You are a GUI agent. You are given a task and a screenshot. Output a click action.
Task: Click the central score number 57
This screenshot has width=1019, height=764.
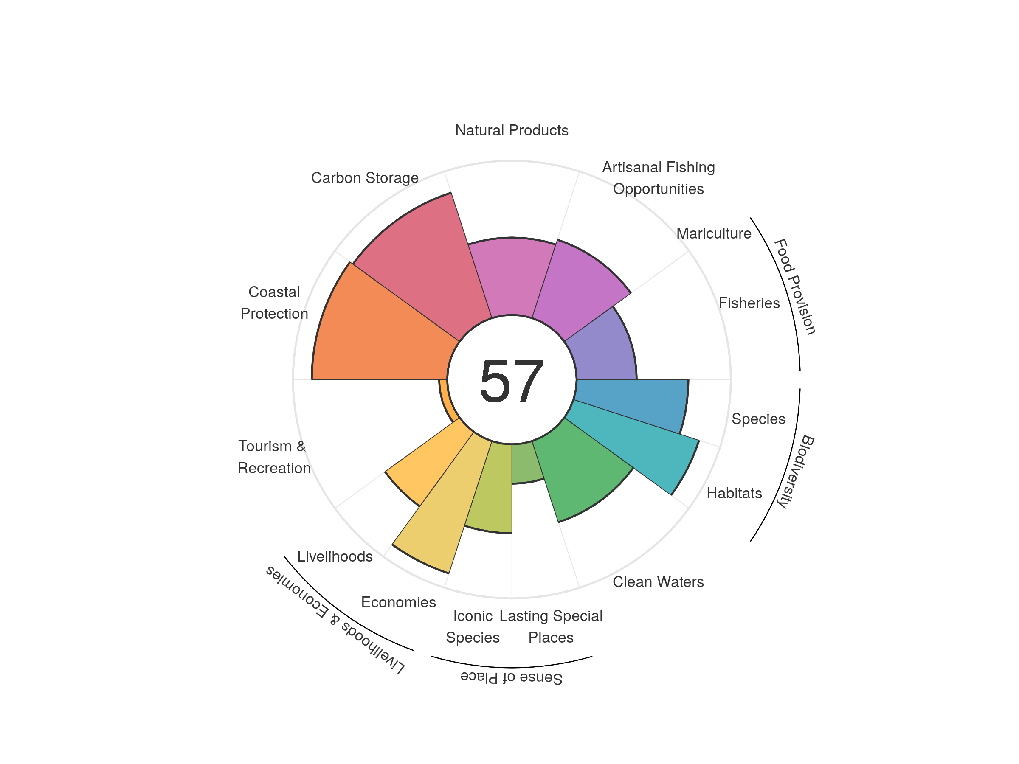[511, 380]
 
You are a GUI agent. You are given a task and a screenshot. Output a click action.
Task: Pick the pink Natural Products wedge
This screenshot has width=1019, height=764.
[511, 276]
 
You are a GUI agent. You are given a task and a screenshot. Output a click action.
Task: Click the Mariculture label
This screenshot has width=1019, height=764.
[714, 233]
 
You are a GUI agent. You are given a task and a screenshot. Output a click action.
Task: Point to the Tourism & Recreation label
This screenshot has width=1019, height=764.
[273, 457]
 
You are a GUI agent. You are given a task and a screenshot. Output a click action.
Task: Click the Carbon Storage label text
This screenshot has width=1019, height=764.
[365, 178]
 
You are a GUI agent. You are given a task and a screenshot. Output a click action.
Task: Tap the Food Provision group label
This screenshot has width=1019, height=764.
[795, 286]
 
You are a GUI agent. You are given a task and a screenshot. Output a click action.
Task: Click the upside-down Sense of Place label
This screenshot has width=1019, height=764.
[511, 677]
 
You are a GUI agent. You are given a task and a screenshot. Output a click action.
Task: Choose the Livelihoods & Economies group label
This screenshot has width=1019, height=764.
[335, 620]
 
